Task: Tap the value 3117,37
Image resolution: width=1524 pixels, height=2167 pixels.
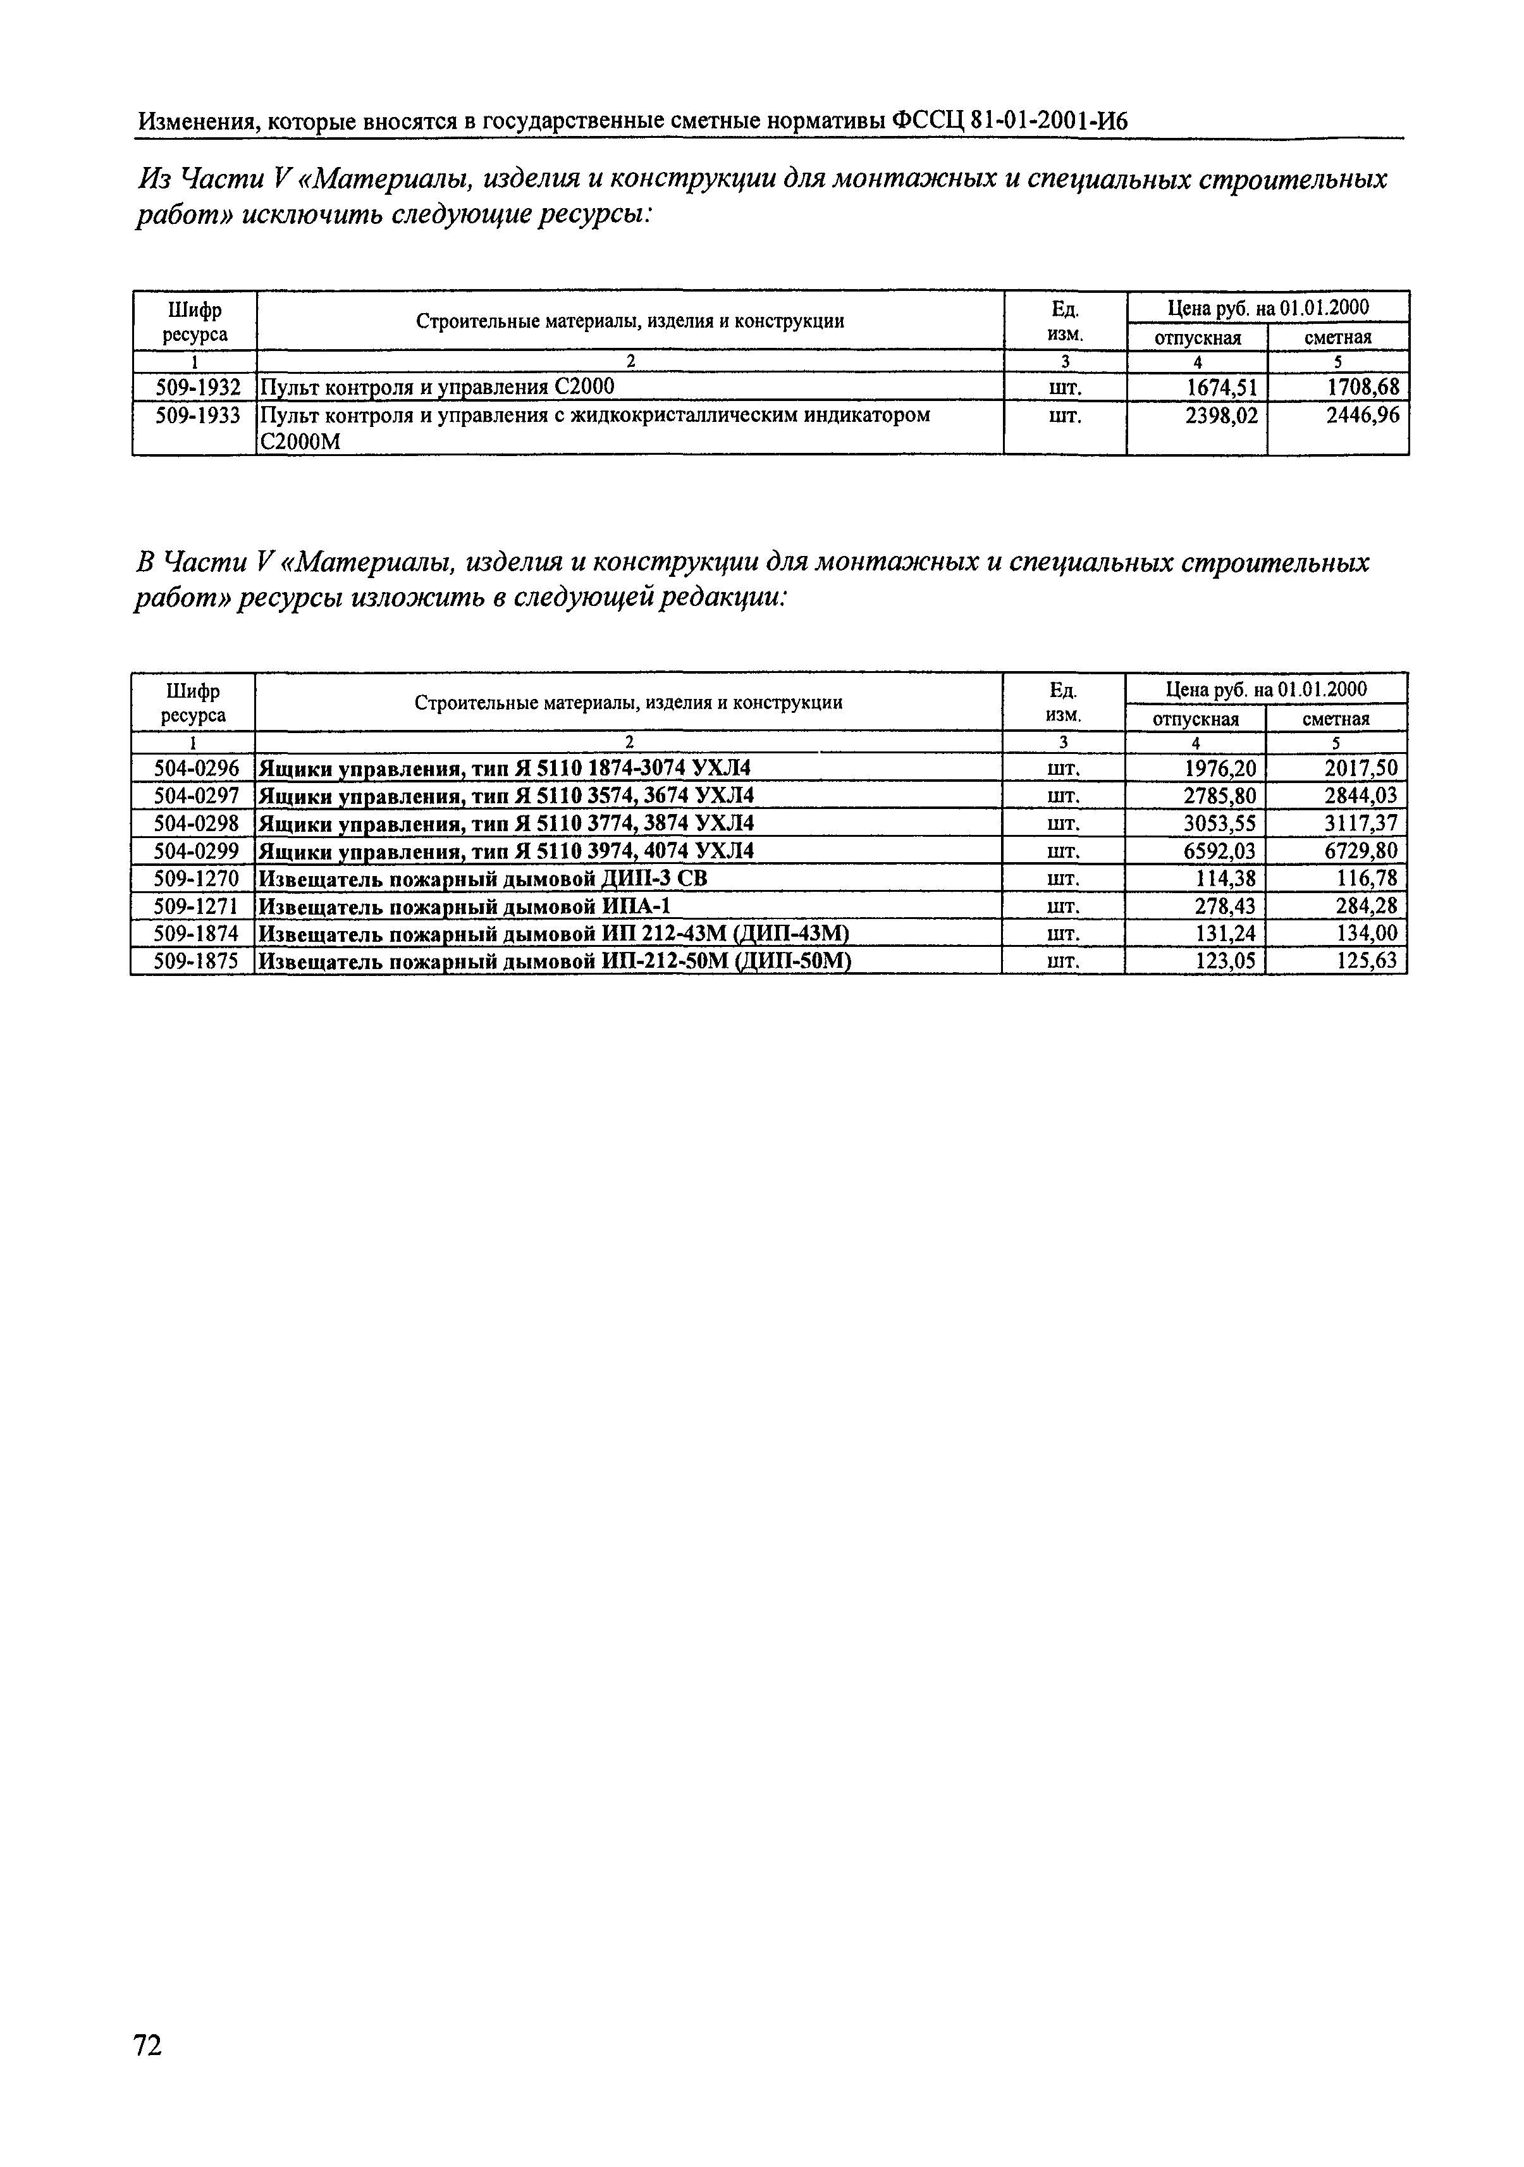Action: click(x=1360, y=823)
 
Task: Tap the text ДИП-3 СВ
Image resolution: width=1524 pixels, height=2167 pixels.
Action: click(x=653, y=879)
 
